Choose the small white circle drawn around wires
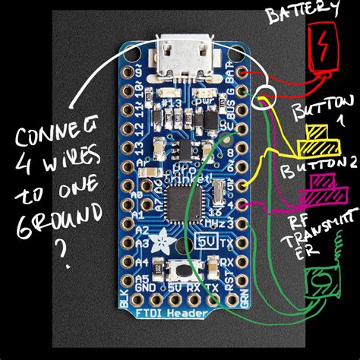(x=265, y=100)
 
